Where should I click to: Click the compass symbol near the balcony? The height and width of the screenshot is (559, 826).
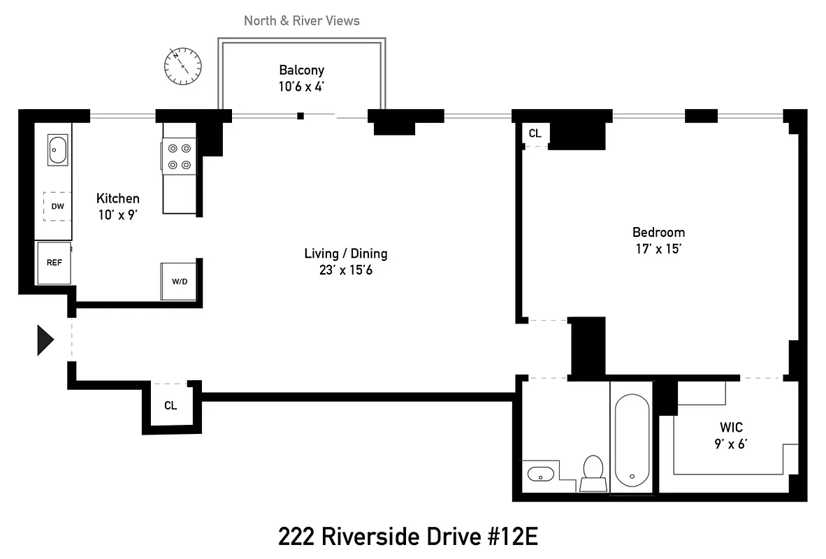click(x=183, y=66)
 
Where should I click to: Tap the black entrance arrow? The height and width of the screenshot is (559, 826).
click(x=45, y=341)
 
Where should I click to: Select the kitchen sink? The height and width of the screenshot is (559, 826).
click(x=57, y=149)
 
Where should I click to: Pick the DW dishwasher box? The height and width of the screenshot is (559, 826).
click(x=57, y=206)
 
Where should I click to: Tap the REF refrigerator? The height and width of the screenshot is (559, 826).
click(x=54, y=263)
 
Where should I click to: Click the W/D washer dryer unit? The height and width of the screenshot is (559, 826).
click(x=180, y=282)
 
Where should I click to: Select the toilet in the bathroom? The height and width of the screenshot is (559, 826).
click(x=593, y=472)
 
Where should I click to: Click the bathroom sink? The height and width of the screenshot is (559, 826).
click(x=539, y=474)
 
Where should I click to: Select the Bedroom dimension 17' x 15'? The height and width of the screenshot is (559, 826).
click(x=658, y=249)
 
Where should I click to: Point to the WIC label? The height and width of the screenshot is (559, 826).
click(x=730, y=427)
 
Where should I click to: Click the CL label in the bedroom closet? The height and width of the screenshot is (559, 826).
click(x=535, y=133)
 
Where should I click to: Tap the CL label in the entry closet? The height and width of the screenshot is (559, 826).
click(x=171, y=405)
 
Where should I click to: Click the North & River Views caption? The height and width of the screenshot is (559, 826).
click(x=301, y=21)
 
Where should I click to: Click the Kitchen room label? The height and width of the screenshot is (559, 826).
click(x=117, y=198)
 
